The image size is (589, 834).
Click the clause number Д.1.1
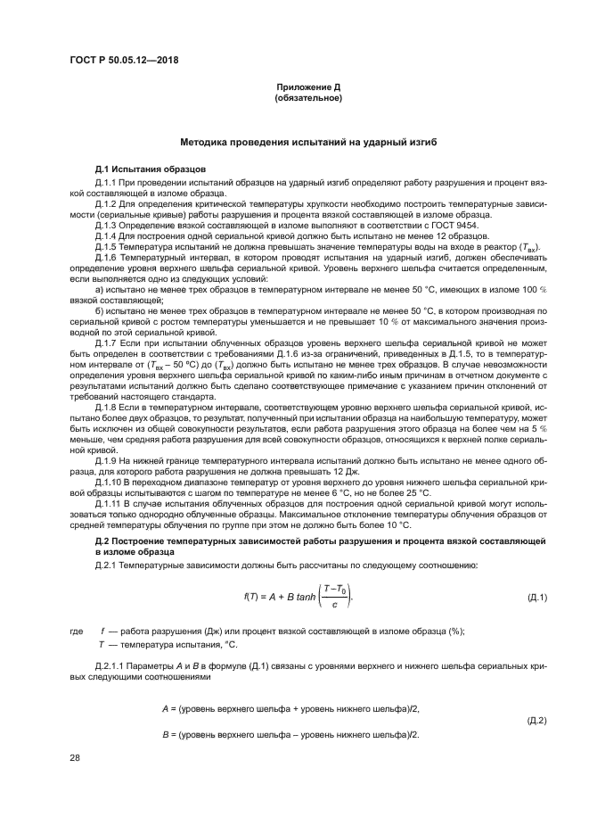click(107, 181)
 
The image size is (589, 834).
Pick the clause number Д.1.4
click(107, 236)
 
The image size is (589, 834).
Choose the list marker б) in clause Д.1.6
click(100, 310)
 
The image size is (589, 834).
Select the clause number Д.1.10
click(109, 483)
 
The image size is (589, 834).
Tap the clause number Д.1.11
click(109, 503)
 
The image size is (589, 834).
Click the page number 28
click(75, 756)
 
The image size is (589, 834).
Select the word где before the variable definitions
click(77, 631)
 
